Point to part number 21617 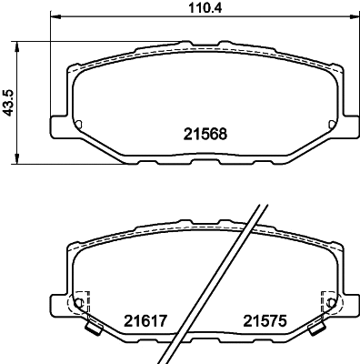[141, 319]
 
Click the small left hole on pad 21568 [79, 125]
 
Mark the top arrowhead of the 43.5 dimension [21, 42]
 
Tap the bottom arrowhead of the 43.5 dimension [21, 160]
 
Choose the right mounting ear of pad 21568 [349, 124]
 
